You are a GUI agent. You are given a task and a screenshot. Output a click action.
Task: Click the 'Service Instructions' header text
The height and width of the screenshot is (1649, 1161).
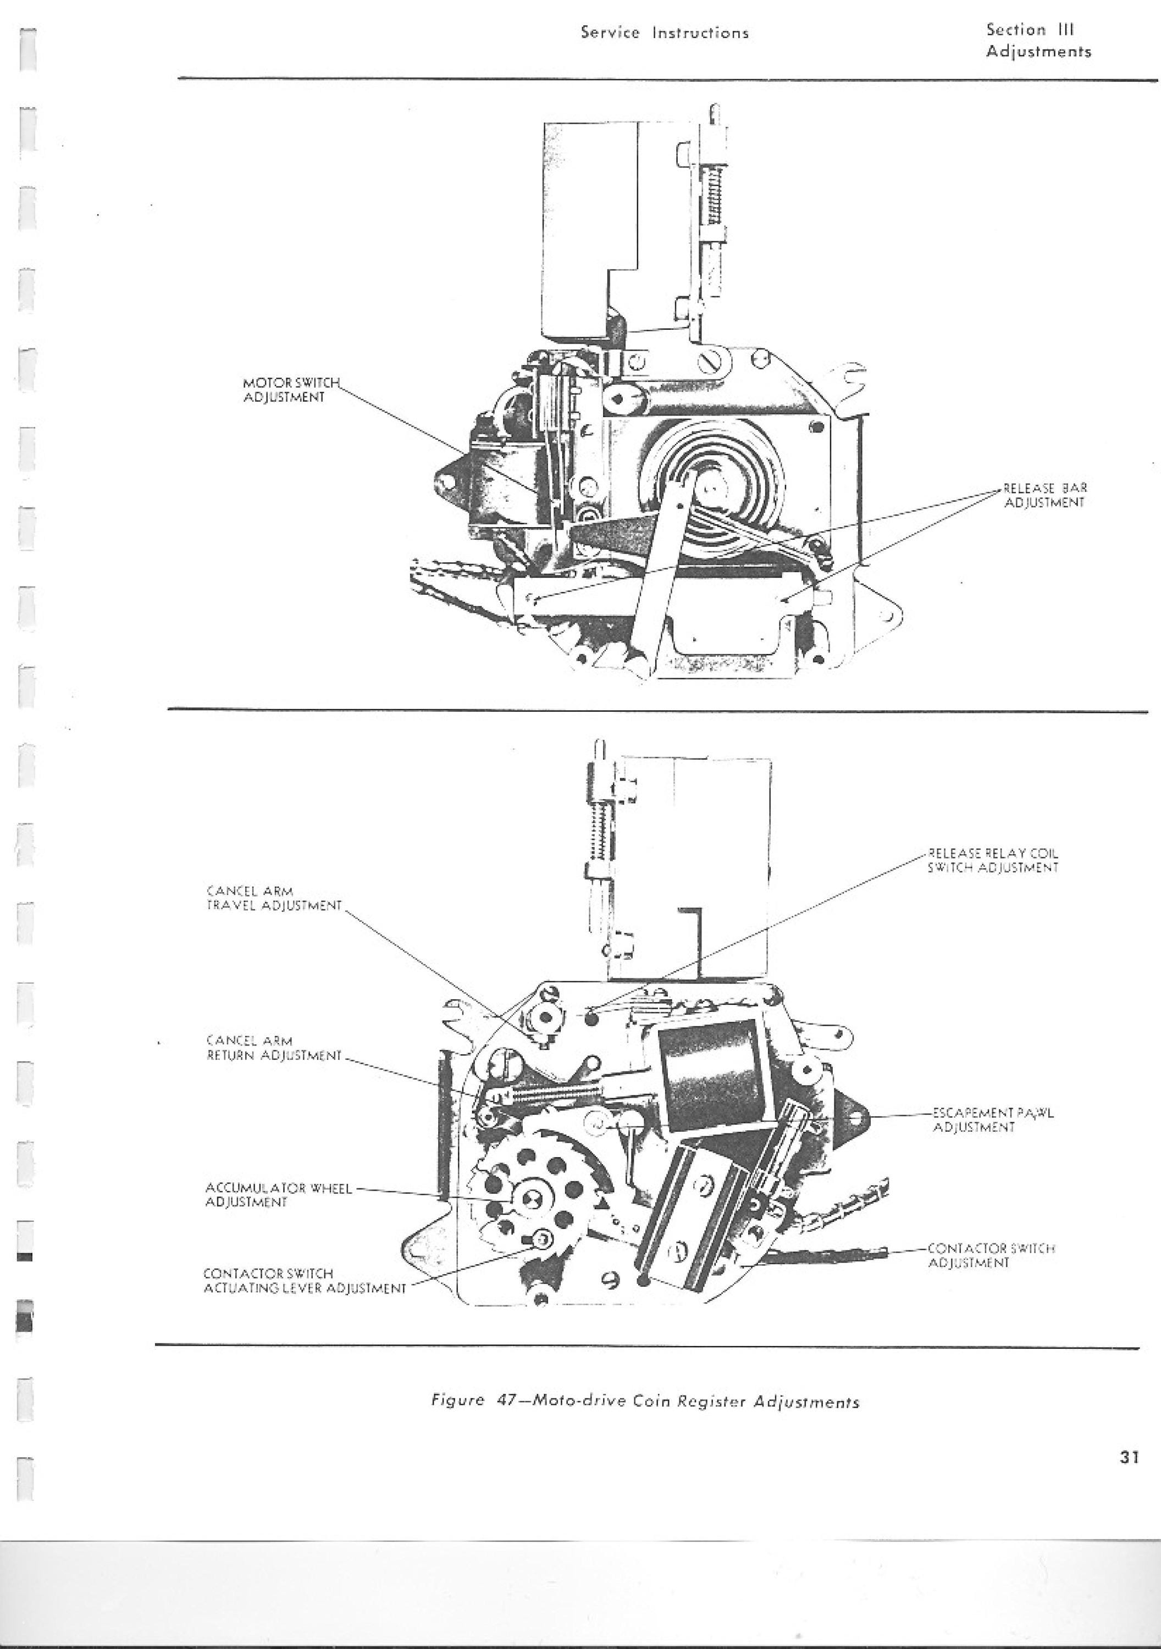(665, 33)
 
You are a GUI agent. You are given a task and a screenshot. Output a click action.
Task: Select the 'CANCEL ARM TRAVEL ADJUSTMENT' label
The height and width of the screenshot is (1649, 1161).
(274, 899)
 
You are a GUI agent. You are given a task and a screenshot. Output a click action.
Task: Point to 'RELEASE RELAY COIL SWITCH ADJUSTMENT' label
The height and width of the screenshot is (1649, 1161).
(993, 860)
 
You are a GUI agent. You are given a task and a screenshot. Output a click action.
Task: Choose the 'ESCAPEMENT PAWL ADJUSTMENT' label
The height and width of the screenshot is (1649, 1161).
(993, 1120)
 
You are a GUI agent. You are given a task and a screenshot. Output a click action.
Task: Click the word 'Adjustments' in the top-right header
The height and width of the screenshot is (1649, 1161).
(1039, 52)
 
